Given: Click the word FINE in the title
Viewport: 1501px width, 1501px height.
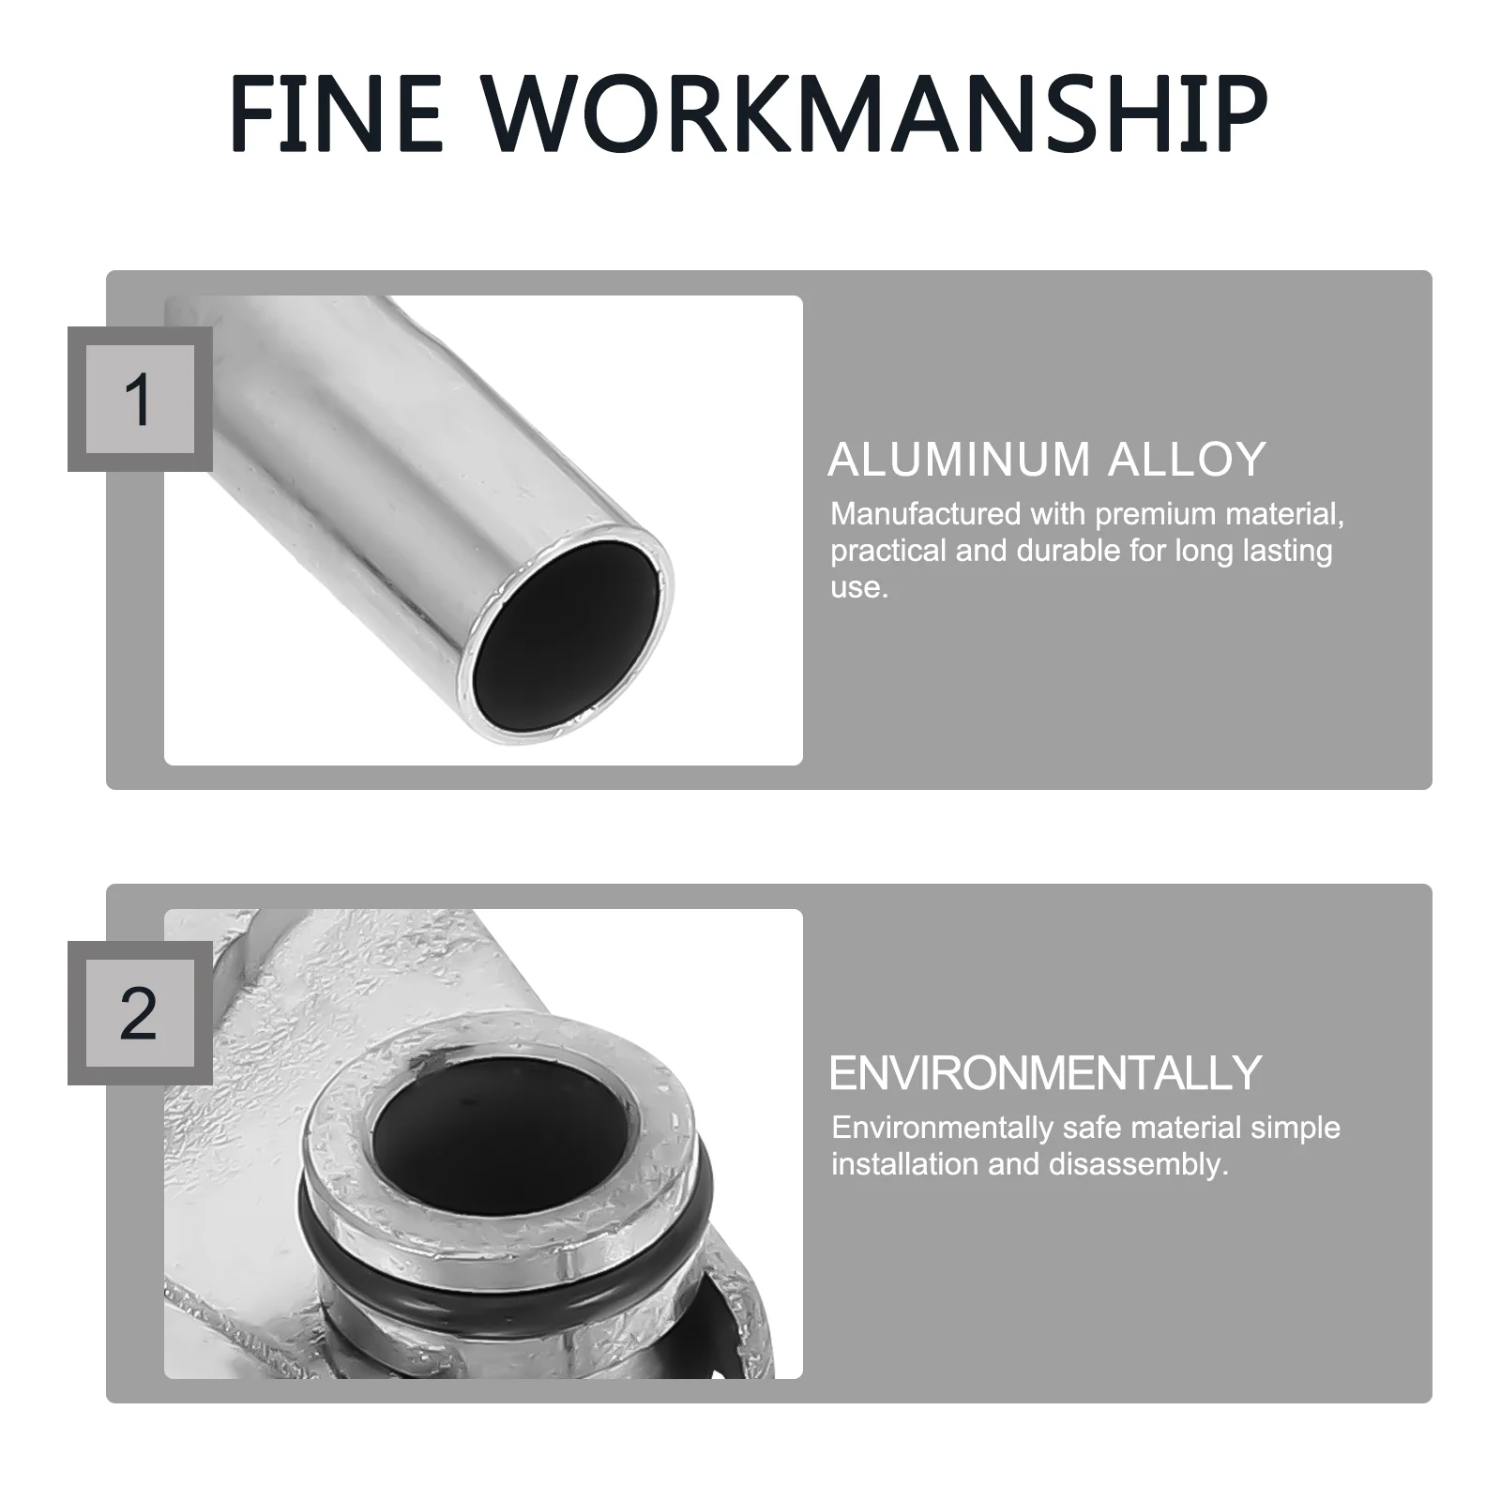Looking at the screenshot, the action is click(x=336, y=114).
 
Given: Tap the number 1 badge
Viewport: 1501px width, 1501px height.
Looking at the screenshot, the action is click(x=140, y=400).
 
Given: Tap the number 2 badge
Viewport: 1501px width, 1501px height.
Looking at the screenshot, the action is click(x=140, y=1013).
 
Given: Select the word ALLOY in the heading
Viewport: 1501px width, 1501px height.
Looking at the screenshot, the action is click(x=1188, y=460).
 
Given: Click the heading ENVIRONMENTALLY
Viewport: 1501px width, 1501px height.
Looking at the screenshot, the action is click(x=1046, y=1073).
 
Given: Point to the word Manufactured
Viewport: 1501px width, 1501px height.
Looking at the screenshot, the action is click(x=925, y=514).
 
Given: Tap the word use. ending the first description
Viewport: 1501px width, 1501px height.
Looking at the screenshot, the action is click(x=858, y=589).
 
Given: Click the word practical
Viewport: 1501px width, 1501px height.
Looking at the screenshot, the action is click(x=888, y=553).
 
